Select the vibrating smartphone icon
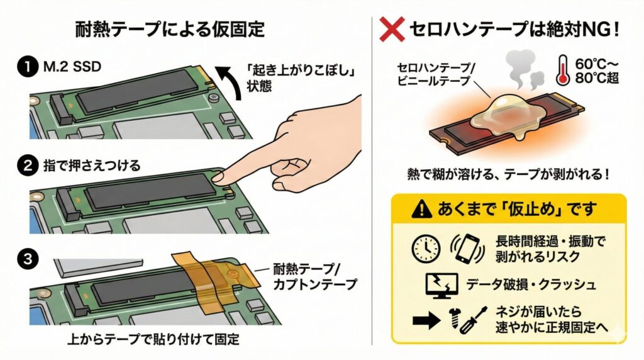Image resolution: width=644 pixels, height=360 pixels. click(x=466, y=248)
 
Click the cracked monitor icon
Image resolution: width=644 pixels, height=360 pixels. click(x=440, y=284)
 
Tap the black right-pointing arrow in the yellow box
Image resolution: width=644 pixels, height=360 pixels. click(x=425, y=320)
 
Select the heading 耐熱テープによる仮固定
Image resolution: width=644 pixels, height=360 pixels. click(x=170, y=29)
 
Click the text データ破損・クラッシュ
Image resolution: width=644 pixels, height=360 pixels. click(x=531, y=284)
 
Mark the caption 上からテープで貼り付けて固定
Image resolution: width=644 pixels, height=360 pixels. click(x=154, y=340)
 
